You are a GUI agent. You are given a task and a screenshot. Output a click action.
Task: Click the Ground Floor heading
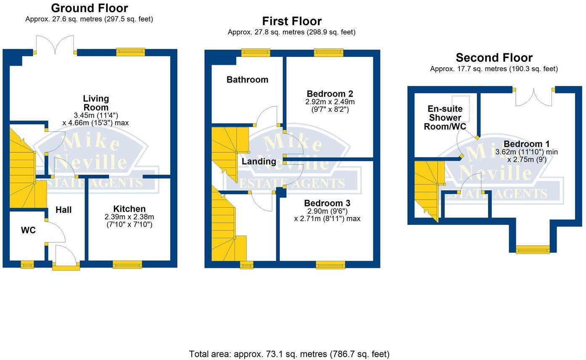click(89, 8)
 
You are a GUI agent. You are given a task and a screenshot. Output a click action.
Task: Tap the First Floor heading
click(292, 21)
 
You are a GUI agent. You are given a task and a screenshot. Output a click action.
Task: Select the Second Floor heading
click(494, 58)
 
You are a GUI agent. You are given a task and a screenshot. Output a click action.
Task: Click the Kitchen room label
click(129, 209)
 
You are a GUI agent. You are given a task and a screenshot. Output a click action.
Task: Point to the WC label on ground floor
click(28, 230)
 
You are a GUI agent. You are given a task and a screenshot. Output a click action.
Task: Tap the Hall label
click(63, 210)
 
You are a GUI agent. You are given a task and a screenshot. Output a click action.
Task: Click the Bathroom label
click(247, 79)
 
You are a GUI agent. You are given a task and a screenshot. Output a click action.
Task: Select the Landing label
click(259, 161)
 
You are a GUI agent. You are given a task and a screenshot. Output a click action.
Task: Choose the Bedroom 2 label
click(330, 94)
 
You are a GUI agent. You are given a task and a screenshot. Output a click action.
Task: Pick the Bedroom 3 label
click(327, 203)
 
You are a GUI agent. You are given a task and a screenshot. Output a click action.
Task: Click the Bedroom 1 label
click(526, 144)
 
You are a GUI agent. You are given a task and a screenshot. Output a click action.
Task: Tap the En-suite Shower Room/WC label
click(445, 118)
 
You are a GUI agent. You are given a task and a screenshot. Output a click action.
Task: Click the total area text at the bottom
click(289, 354)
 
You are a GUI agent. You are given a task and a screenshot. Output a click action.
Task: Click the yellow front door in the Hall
click(66, 266)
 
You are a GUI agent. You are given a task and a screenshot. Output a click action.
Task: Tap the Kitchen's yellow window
click(127, 265)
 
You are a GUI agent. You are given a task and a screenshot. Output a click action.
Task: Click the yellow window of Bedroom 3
click(330, 265)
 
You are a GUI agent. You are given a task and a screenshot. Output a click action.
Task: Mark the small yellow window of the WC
click(27, 265)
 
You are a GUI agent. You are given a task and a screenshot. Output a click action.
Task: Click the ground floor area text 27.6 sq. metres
click(89, 19)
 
